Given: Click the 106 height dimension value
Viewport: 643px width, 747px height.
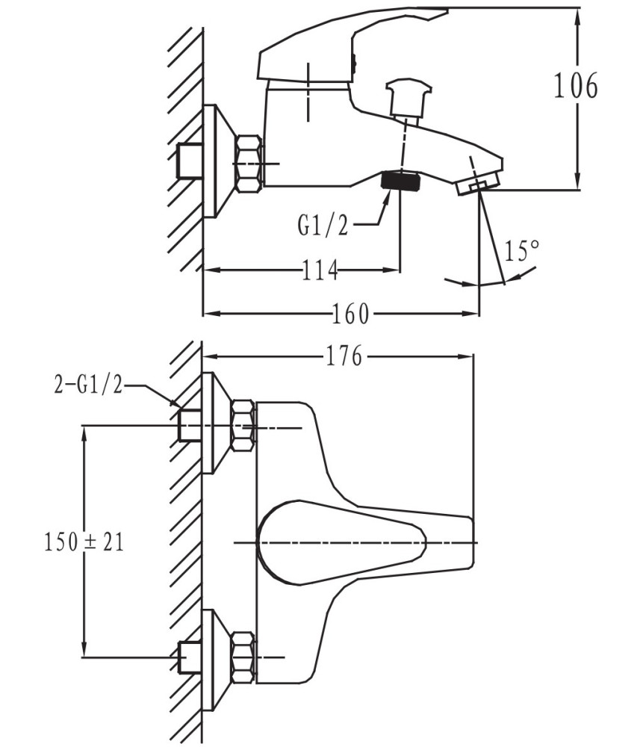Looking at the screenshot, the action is (575, 86).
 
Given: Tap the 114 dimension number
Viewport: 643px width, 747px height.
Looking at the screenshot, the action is (320, 270).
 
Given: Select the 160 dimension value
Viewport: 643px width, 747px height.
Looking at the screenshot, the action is (350, 314).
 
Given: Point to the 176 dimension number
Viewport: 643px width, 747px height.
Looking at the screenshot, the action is (344, 356).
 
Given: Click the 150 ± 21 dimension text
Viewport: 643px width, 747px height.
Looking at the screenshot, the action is (84, 542).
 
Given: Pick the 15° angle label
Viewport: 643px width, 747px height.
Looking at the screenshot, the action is (521, 251).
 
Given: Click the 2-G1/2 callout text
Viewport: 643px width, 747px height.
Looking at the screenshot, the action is (89, 385).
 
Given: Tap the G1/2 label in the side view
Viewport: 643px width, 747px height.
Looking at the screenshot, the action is (323, 226).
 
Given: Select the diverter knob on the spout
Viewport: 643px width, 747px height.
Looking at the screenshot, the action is (409, 98).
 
